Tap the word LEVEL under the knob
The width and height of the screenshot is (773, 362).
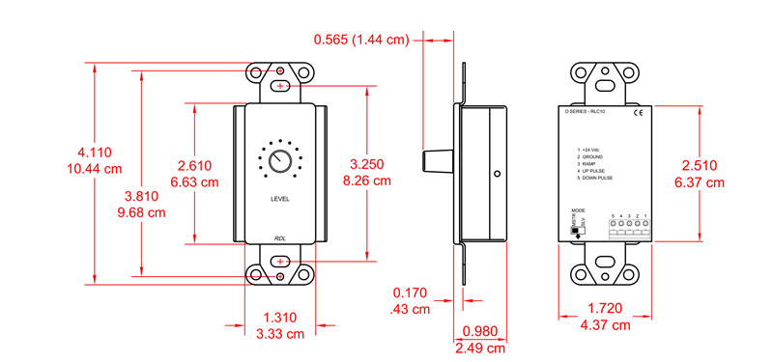coord(279,199)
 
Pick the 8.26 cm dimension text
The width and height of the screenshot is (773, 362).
coord(369,181)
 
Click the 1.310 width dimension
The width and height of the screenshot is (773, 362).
coord(280,317)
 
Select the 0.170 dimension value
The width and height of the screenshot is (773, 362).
coord(412,292)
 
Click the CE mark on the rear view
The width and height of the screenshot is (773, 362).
coord(637,113)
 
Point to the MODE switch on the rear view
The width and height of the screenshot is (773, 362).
coord(578,227)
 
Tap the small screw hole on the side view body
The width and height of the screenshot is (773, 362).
coord(497,175)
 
